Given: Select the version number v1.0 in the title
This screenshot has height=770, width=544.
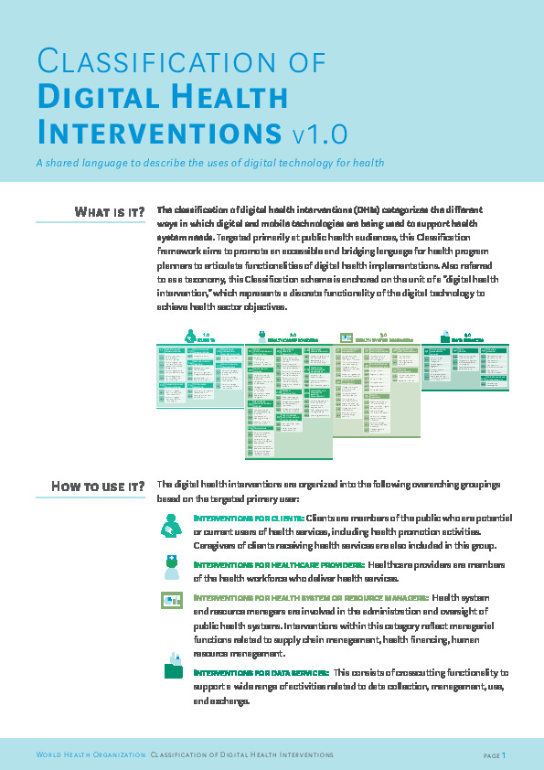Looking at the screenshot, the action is coord(320,134).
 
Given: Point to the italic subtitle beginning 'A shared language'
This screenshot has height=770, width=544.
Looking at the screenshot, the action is coord(209,163).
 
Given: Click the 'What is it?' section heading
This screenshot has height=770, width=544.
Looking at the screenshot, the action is coord(109,212).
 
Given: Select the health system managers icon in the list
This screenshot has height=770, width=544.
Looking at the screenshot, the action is coord(172,600).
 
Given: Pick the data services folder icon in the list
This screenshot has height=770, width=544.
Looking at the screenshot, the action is coord(173,667).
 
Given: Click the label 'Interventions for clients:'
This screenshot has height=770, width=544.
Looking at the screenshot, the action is coord(248,518).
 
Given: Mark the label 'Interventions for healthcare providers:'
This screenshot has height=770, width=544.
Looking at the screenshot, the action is coord(279,565).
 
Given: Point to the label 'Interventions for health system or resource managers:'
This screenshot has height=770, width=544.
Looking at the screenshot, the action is coord(311,597).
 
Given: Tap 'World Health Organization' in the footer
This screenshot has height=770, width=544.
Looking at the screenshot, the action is coord(91,754).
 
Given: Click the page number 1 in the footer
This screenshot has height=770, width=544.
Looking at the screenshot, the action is coord(503,754).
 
